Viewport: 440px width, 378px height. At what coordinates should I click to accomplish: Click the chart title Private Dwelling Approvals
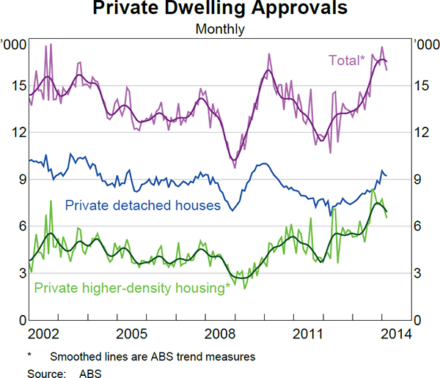click(x=220, y=10)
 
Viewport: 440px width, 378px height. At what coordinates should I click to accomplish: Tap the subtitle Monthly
click(x=220, y=30)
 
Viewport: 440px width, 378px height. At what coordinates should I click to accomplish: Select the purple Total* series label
click(x=345, y=61)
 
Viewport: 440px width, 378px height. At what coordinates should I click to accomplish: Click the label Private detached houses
click(x=143, y=205)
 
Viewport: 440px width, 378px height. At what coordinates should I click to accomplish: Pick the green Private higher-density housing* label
click(x=132, y=288)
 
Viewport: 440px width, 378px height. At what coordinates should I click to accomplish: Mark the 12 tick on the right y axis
click(x=423, y=133)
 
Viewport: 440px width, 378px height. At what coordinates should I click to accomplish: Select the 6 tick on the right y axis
click(x=419, y=226)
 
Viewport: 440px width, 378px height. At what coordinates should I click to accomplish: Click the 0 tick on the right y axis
click(x=419, y=320)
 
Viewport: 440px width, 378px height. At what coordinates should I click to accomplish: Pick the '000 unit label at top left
click(x=14, y=45)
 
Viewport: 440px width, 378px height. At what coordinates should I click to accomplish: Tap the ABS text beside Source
click(x=92, y=371)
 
